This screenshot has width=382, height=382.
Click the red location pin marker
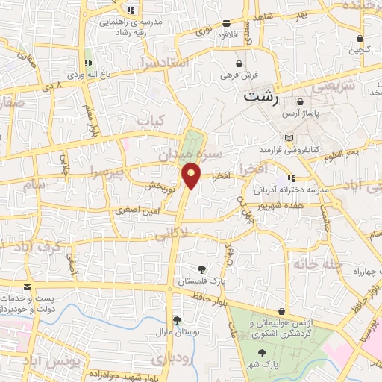coord(192,175)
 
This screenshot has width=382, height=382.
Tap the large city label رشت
coord(260,97)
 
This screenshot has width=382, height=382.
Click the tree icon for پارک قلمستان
coord(201,269)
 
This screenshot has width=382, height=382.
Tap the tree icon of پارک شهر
coord(262,353)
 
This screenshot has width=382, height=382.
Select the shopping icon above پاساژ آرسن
coord(300,102)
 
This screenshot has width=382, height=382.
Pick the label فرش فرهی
coord(239,75)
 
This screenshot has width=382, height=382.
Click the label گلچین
coord(359,51)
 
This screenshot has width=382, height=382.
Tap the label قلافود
coord(226,34)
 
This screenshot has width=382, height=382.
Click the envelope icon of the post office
coord(27,287)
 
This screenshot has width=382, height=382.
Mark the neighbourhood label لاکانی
coord(171,234)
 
